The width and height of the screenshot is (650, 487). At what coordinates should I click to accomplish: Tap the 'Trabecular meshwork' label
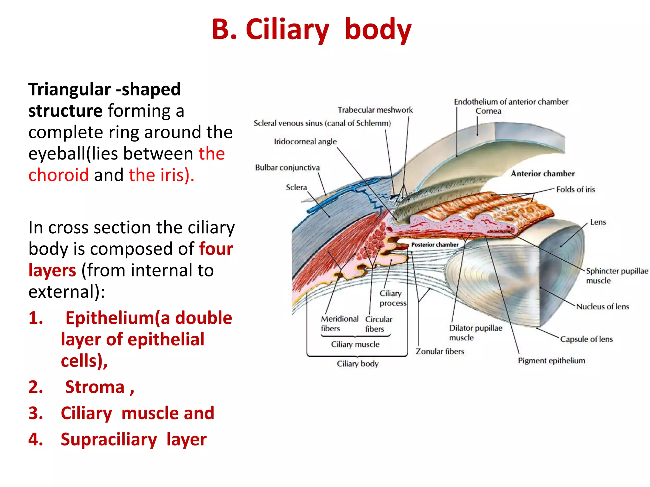375,110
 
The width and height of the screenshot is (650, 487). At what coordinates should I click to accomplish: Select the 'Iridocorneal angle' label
305,141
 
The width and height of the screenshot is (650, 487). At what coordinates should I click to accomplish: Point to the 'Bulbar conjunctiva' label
287,167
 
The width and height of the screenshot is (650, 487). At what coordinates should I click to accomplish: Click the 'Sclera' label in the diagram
296,187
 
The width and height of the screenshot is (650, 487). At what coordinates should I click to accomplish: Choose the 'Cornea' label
488,111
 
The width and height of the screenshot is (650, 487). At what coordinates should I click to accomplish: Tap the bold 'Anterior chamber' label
542,173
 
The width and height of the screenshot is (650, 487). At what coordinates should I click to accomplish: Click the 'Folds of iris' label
575,189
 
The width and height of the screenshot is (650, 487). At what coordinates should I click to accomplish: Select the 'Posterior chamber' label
434,244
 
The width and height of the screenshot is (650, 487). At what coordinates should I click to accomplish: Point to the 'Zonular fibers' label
440,351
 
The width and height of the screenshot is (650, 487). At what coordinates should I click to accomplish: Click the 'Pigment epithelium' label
551,360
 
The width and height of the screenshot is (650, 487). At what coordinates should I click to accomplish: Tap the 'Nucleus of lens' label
602,307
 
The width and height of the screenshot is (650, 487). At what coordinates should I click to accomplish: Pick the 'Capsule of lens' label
586,339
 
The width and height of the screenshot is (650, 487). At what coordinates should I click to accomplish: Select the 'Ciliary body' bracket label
357,364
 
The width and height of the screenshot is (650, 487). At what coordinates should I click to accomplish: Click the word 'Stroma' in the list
95,387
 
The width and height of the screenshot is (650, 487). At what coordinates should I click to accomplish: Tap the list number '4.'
36,439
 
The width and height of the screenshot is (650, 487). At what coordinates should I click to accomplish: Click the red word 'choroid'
58,175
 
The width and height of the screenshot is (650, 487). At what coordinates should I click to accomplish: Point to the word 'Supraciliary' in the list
109,440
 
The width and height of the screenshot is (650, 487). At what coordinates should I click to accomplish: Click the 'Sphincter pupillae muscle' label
616,276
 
